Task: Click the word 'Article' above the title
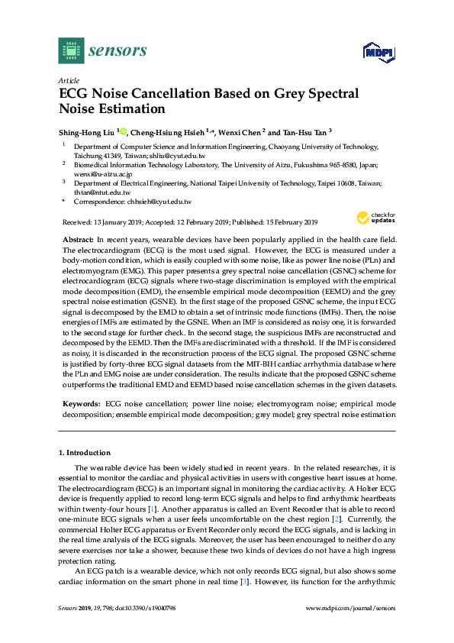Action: pos(69,79)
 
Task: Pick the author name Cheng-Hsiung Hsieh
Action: pos(167,131)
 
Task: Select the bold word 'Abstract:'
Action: pos(77,240)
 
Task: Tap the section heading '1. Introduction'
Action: pos(85,453)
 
